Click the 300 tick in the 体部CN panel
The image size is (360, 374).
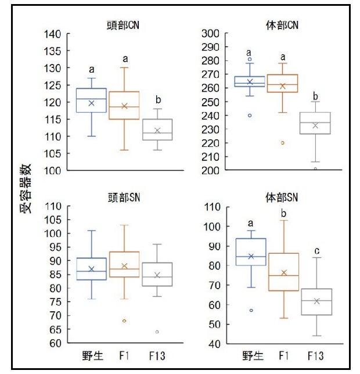coord(210,34)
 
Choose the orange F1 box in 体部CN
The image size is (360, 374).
coord(282,84)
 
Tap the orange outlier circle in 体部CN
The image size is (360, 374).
coord(283,143)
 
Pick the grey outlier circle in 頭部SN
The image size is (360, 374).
coord(157,332)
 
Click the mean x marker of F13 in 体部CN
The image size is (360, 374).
coord(315,125)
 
